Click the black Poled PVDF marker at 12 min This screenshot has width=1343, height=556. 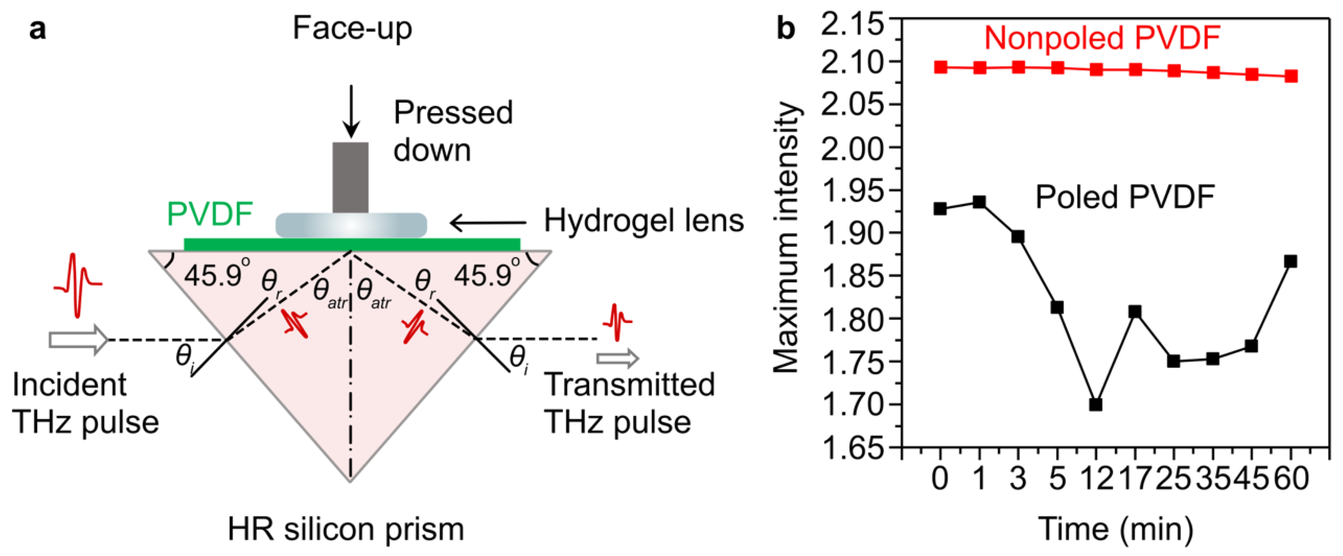(x=1095, y=404)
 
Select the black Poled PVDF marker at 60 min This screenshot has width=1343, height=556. (x=1290, y=262)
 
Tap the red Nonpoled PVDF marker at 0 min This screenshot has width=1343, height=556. (x=940, y=67)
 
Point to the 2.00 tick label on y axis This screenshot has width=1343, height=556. (x=852, y=148)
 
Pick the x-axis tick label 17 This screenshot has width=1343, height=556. (x=1134, y=478)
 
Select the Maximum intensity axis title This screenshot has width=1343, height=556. (x=786, y=238)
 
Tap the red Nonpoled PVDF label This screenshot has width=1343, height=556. (x=1102, y=38)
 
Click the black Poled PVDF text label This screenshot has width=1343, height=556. (x=1124, y=197)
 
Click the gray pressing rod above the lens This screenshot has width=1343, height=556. (x=351, y=177)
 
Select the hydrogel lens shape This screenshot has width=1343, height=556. (x=351, y=225)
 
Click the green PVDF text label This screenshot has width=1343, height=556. (x=210, y=214)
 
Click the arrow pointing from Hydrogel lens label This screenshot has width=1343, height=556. (x=487, y=223)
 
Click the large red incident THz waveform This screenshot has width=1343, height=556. (x=77, y=284)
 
